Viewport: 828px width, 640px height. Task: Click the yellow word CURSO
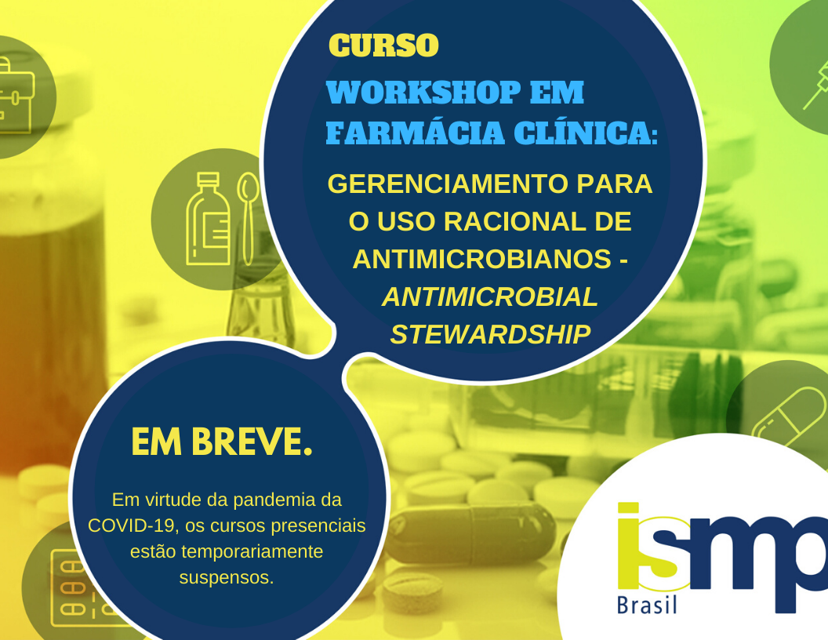(x=383, y=45)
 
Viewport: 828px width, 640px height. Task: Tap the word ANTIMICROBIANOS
(x=481, y=260)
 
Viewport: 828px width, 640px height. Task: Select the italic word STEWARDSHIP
(x=490, y=335)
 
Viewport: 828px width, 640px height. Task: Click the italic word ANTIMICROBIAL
(x=490, y=296)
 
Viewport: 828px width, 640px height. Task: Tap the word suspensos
(x=227, y=578)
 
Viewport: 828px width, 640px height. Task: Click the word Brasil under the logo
(x=647, y=605)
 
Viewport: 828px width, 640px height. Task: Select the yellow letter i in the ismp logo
(x=628, y=546)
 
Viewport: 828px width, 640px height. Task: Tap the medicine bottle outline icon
(x=208, y=219)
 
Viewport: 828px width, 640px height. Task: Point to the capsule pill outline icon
(x=788, y=416)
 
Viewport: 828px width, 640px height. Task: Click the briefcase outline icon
(x=16, y=95)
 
